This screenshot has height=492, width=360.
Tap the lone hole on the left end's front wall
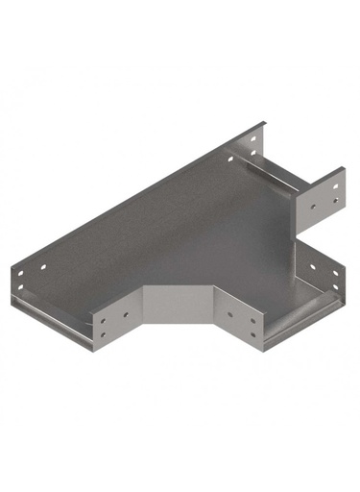coord(125,314)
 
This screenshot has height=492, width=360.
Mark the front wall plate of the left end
coord(115,324)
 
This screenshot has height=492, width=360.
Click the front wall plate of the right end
coord(242,322)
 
